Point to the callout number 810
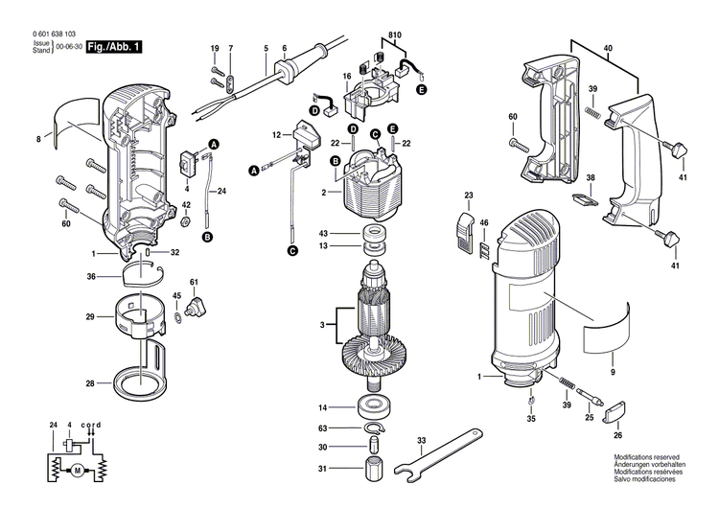pos(394,36)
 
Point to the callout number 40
pos(609,48)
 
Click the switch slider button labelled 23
pos(463,230)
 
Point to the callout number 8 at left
pos(38,140)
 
